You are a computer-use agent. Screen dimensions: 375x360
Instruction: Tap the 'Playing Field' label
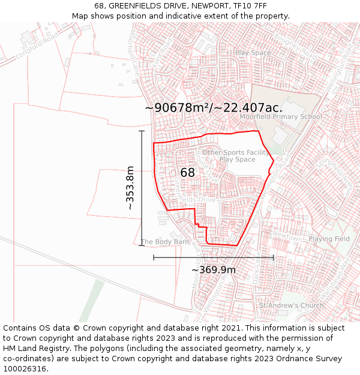coord(329,239)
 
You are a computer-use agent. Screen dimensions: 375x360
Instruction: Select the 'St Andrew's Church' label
coord(291,305)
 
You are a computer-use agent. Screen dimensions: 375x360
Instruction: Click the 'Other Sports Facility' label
coord(236,152)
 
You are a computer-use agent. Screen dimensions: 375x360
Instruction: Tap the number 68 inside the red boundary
coord(187,173)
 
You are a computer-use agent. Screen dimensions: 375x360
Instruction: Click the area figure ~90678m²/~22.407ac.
coord(213,107)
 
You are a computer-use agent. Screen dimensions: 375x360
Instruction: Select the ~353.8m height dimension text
coord(130,188)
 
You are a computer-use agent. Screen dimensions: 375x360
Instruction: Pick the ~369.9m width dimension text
coord(213,269)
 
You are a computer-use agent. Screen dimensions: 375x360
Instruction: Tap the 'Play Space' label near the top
coord(253,53)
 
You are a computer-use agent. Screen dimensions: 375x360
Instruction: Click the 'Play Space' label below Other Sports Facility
coord(237,160)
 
